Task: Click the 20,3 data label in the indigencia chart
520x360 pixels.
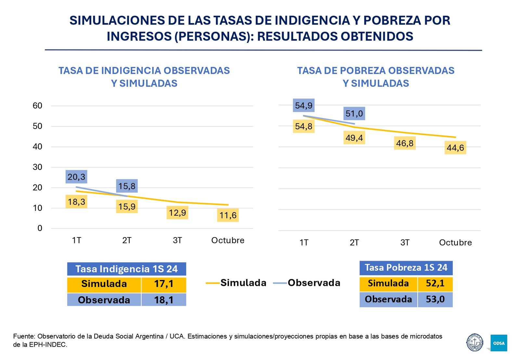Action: click(x=76, y=177)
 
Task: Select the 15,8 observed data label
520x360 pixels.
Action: click(x=127, y=186)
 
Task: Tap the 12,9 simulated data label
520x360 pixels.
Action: click(x=177, y=212)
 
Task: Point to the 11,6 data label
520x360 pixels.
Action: click(x=228, y=215)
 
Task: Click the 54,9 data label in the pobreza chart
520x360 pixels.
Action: click(x=304, y=105)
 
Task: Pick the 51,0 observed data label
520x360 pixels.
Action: click(x=354, y=113)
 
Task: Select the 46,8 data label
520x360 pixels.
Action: click(x=405, y=143)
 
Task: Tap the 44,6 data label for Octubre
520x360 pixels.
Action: click(x=455, y=148)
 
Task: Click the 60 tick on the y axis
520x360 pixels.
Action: click(x=37, y=106)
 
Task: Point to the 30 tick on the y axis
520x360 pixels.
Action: click(x=37, y=167)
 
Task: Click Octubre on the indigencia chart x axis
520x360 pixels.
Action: click(x=227, y=240)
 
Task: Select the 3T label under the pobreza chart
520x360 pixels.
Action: click(x=405, y=242)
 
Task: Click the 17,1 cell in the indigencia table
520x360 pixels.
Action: click(x=163, y=284)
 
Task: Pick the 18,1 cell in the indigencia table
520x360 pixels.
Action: click(x=163, y=300)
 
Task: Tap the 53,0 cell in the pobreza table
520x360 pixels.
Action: click(x=435, y=299)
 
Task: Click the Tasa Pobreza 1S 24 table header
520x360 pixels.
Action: click(x=406, y=267)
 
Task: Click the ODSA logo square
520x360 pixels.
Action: click(x=499, y=343)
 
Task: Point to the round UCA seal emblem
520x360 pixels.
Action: click(x=474, y=342)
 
